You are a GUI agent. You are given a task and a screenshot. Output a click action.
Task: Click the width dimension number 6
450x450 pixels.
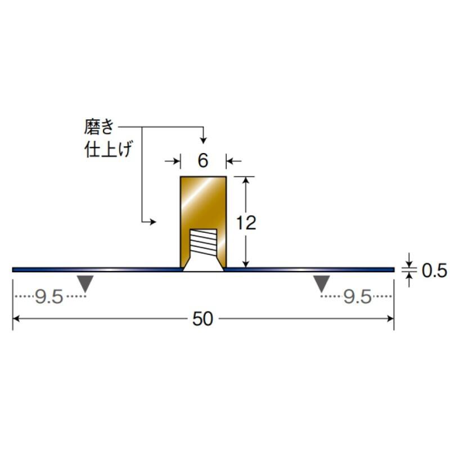(x=203, y=160)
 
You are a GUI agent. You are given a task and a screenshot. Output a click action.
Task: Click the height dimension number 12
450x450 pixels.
(x=246, y=223)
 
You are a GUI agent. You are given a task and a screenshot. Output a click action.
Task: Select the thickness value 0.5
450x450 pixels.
(x=434, y=271)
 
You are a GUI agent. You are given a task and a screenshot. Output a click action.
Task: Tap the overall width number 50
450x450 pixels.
(x=202, y=318)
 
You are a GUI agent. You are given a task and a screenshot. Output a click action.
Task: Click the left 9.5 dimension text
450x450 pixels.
(x=49, y=297)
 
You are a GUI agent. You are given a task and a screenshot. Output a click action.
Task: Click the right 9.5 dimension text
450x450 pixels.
(x=358, y=297)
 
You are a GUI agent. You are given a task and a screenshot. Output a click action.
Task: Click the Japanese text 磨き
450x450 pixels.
(x=99, y=127)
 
